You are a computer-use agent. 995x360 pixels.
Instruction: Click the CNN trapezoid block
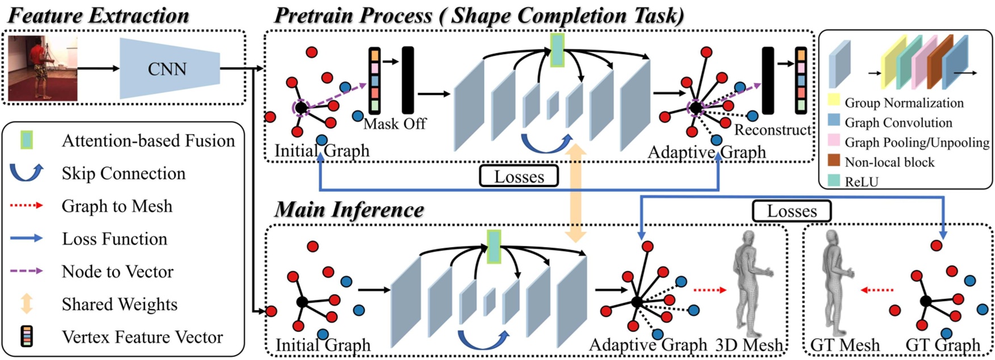click(x=169, y=69)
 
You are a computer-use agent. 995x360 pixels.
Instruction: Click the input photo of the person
click(x=43, y=68)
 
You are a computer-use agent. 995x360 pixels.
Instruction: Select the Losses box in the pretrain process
click(x=519, y=176)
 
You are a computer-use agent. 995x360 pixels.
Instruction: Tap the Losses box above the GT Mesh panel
click(x=792, y=211)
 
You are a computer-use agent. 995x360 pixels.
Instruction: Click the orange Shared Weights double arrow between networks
click(x=576, y=193)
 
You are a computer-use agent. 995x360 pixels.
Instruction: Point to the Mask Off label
click(x=395, y=123)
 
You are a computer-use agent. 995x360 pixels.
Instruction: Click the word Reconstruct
click(x=772, y=130)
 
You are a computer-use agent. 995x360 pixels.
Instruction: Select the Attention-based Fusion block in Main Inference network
click(x=494, y=246)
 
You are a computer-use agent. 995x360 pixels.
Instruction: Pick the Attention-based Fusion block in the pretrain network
click(x=557, y=49)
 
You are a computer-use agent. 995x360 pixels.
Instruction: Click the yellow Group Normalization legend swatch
click(x=834, y=101)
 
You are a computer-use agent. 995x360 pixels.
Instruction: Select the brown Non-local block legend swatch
click(x=834, y=160)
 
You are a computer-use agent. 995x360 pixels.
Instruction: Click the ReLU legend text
click(x=862, y=182)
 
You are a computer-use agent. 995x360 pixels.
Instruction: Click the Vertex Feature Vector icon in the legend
click(x=26, y=337)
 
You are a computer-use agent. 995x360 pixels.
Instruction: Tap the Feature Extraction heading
click(x=98, y=15)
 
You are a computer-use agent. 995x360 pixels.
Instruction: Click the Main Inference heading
click(x=349, y=210)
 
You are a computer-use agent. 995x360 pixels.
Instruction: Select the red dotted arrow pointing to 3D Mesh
click(x=710, y=290)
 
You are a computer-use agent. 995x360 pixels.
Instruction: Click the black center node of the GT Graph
click(x=926, y=301)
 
